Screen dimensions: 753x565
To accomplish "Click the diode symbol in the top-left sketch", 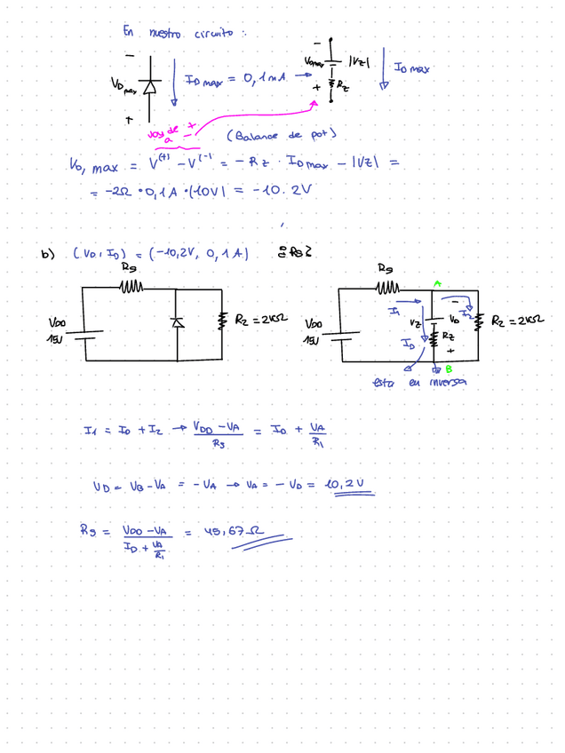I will pos(149,86).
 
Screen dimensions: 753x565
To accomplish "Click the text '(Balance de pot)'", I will pos(279,135).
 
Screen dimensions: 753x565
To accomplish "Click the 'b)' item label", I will pos(47,255).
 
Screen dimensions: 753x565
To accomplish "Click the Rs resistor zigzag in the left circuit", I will pos(131,287).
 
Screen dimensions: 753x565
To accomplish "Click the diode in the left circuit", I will pos(177,322).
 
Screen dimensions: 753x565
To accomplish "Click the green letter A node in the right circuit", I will pos(435,283).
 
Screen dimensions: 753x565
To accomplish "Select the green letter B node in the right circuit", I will pos(448,369).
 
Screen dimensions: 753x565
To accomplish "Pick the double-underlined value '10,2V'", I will pos(346,485).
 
